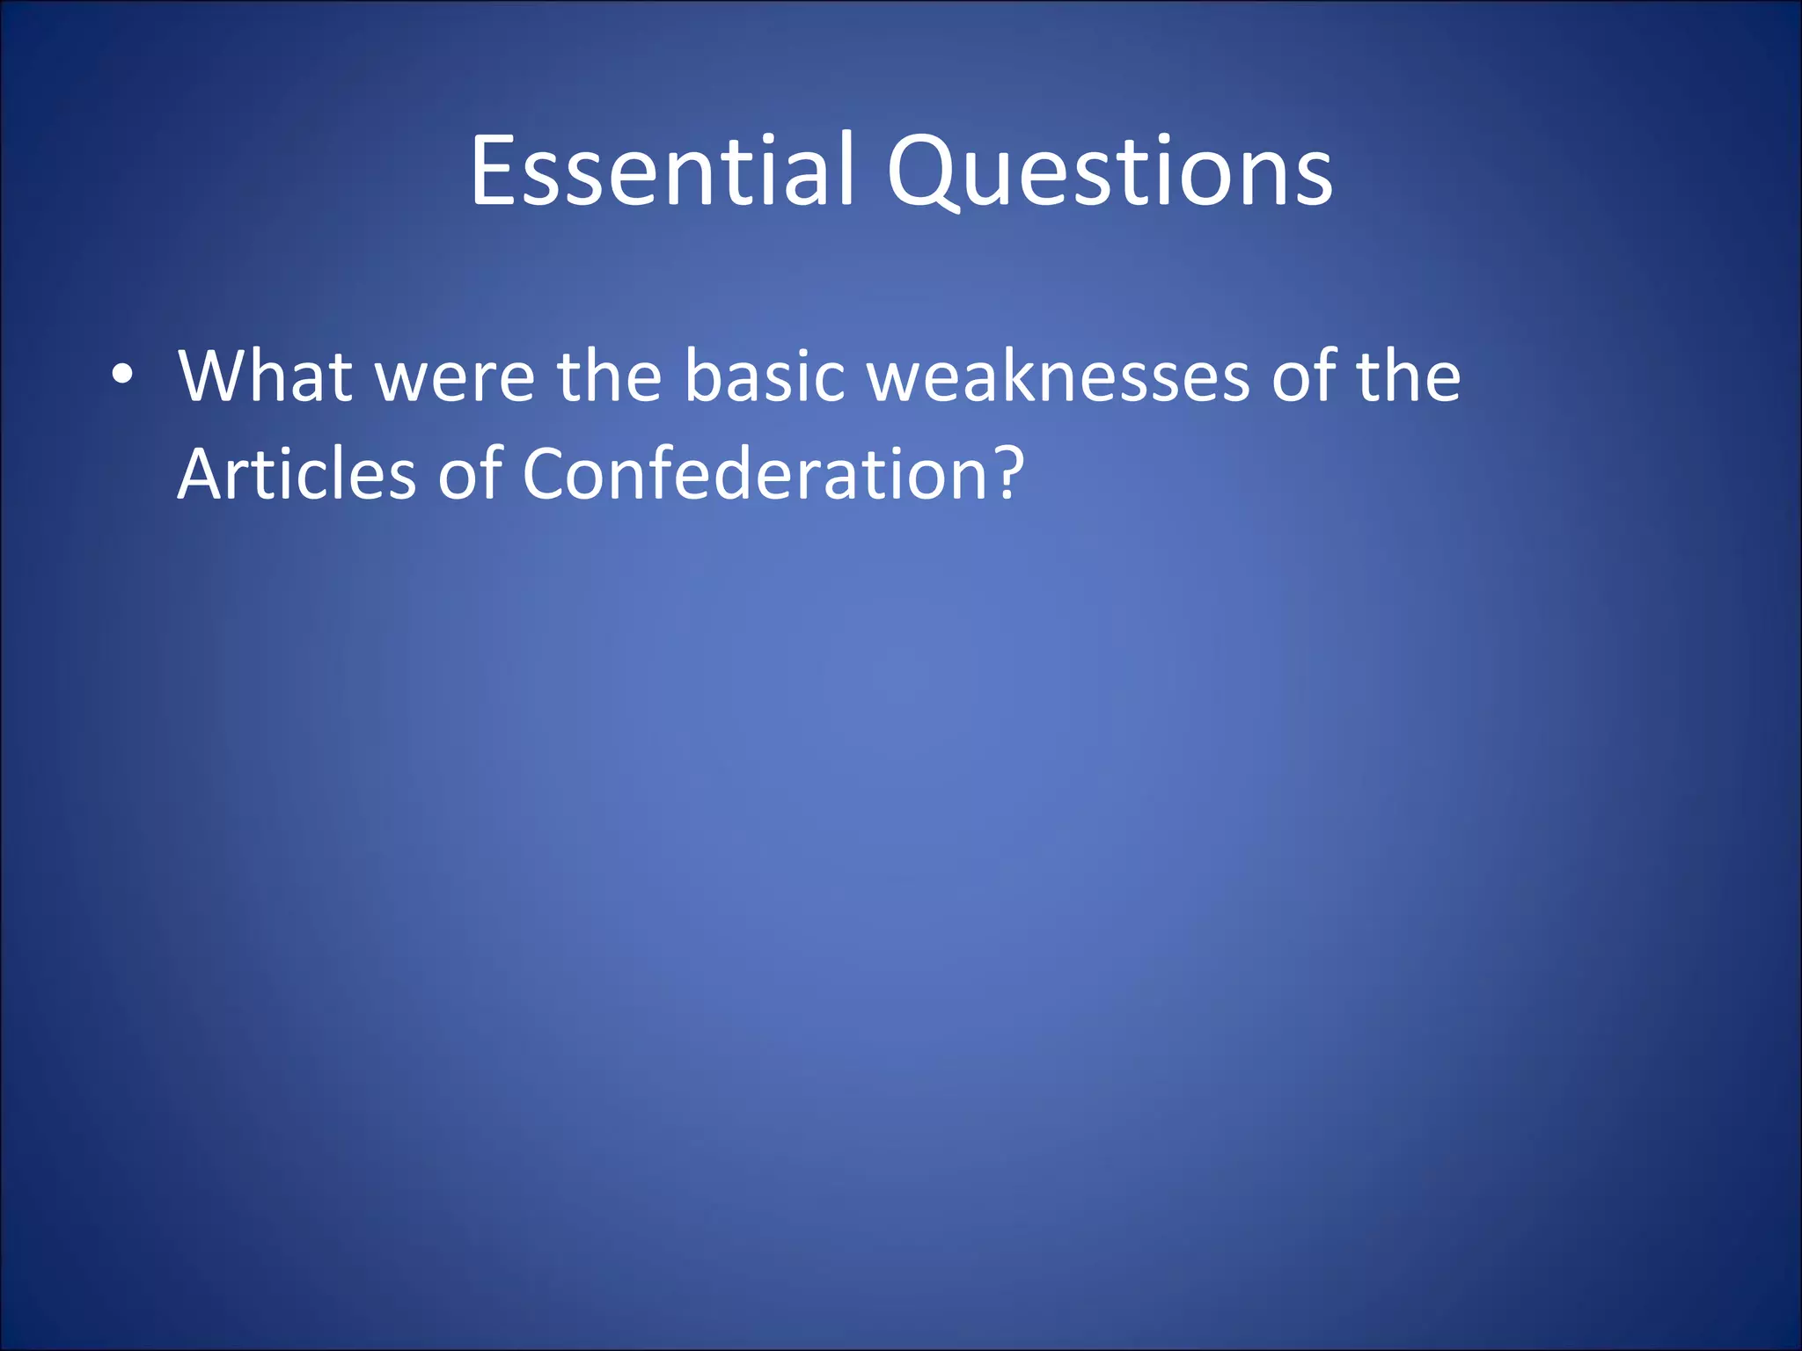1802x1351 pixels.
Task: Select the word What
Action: coord(265,376)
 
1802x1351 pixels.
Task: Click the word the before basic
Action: coord(609,376)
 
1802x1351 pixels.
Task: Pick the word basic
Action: coord(765,376)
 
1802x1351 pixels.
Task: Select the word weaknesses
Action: coord(1058,376)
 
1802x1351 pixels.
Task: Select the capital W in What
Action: coord(213,376)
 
